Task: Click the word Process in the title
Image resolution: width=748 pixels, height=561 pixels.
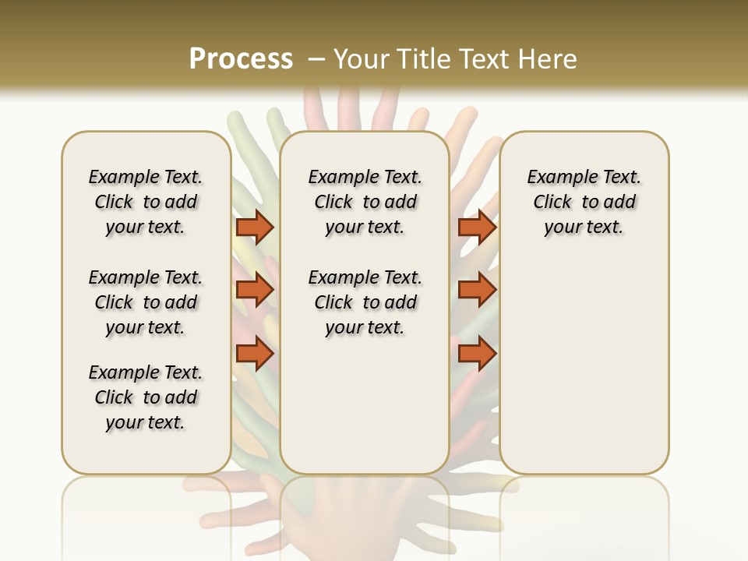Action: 241,59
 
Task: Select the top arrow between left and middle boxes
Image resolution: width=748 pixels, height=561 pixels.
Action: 255,227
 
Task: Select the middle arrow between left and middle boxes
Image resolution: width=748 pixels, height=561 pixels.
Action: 255,290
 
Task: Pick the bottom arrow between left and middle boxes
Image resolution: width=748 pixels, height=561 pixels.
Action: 255,354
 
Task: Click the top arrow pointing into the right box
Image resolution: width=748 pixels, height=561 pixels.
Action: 477,227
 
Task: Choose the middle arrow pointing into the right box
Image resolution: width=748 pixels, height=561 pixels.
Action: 477,290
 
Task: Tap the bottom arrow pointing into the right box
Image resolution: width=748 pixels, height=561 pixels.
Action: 477,354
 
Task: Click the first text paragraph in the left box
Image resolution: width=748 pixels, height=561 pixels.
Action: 146,202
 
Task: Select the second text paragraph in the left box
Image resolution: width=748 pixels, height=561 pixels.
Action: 146,302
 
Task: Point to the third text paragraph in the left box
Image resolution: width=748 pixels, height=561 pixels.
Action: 146,397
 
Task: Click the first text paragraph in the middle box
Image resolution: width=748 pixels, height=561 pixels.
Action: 365,202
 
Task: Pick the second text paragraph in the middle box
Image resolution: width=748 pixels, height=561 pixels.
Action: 365,302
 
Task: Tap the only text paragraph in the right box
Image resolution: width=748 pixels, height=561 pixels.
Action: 584,202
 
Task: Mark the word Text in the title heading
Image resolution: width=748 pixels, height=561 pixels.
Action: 489,59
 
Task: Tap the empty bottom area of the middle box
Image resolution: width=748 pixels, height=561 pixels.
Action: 365,413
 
